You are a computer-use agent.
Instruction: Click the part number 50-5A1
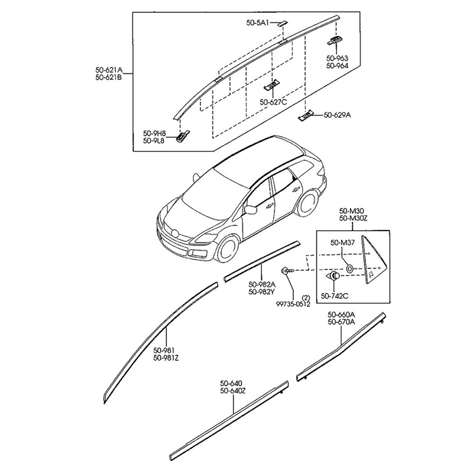click(258, 23)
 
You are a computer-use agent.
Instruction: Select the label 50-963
click(337, 58)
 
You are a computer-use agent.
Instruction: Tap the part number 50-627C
click(273, 102)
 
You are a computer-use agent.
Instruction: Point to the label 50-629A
click(337, 115)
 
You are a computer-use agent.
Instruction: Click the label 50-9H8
click(154, 132)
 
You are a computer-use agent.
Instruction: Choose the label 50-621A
click(108, 69)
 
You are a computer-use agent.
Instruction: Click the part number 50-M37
click(342, 242)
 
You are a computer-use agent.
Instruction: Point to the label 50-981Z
click(167, 358)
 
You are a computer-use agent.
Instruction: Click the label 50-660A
click(341, 314)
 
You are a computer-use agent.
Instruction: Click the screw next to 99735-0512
click(287, 270)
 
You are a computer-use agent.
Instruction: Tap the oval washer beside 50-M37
click(349, 268)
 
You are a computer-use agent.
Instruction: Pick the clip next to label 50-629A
click(306, 116)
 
